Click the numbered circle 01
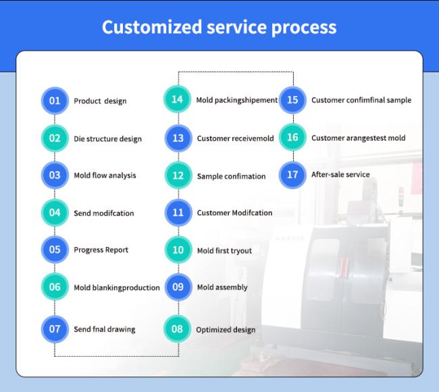coord(55,101)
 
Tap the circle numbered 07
coord(55,329)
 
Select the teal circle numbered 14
coord(177,99)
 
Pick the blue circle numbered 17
coord(292,175)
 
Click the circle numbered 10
coord(178,249)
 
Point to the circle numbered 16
coord(292,137)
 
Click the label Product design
coord(100,101)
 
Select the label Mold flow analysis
coord(105,176)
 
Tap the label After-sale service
coord(340,174)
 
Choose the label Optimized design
coord(226,330)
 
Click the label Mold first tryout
coord(224,251)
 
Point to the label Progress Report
coord(101,250)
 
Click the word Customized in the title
coord(152,27)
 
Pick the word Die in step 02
coord(79,139)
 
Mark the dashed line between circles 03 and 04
coord(55,194)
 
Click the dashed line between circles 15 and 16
coord(293,118)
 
